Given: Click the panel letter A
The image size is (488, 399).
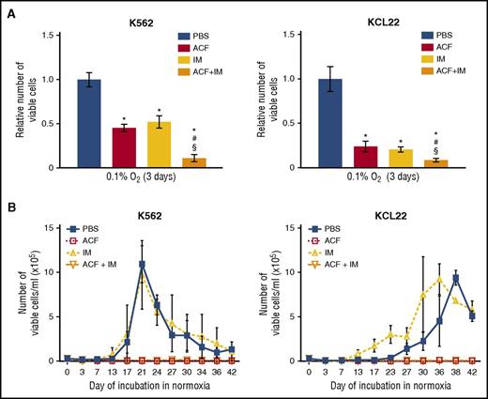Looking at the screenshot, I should coord(8,8).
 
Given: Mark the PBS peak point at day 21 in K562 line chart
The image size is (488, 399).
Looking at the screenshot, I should coord(142,264).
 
